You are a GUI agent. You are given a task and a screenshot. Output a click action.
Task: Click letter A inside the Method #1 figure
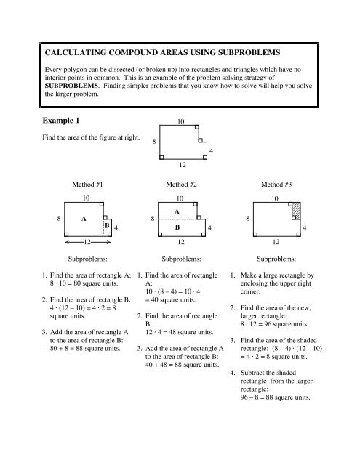(x=84, y=217)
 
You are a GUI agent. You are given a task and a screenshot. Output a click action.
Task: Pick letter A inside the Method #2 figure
(x=177, y=211)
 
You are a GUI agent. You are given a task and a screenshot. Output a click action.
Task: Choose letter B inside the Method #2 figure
(x=177, y=226)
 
